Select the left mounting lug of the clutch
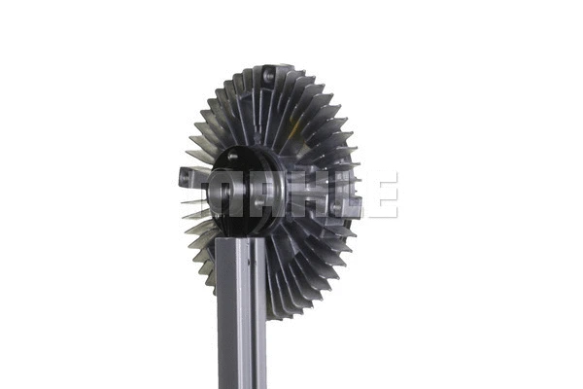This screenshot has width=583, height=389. (189, 177)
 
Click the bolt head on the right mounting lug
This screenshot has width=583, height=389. (336, 207)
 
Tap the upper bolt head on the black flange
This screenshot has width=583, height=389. (232, 156)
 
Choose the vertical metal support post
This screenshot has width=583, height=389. (241, 311)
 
